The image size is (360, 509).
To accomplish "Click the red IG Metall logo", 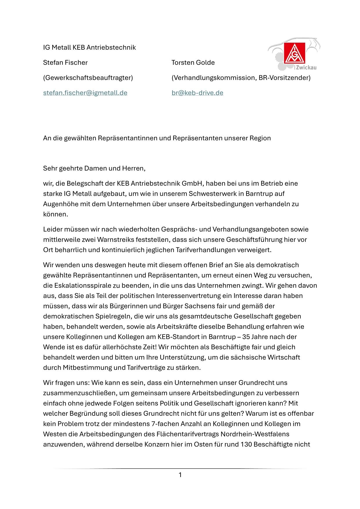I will pos(294,53).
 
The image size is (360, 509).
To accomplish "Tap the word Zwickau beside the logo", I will pos(306,68).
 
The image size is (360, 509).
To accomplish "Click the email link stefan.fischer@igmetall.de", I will pos(85,93).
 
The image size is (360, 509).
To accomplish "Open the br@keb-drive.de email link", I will pos(197,93).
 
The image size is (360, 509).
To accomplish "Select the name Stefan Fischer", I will pos(65,62).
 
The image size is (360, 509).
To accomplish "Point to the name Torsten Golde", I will pos(193,62).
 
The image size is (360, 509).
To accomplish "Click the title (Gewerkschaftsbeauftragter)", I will pos(88,78).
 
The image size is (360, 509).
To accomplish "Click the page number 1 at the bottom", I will pos(180,475).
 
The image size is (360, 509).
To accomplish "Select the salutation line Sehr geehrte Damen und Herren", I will pos(94,168).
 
